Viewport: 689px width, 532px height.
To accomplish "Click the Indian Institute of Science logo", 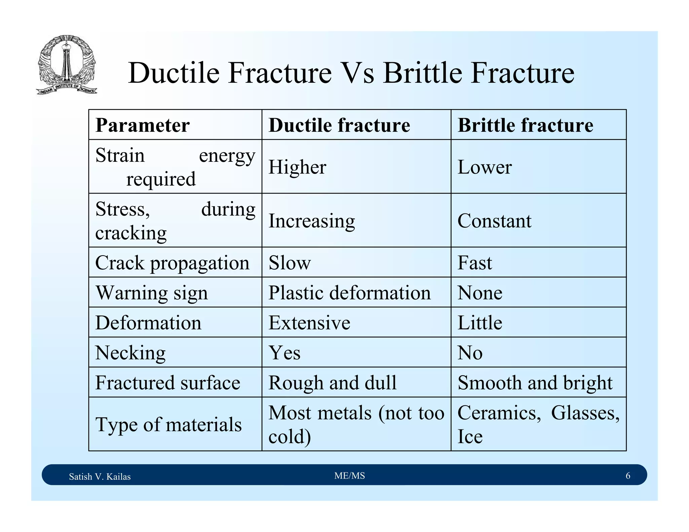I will click(67, 65).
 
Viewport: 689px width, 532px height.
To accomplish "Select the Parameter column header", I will click(143, 125).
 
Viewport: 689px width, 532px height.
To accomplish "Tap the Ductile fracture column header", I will click(339, 125).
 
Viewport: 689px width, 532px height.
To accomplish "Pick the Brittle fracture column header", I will click(525, 125).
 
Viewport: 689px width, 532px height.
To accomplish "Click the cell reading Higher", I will click(297, 167).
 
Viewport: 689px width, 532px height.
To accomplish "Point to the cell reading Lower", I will click(484, 167).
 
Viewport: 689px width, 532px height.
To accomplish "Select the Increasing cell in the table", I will click(312, 221).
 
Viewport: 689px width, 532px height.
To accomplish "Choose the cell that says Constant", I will click(494, 221).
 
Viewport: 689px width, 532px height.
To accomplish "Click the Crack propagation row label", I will click(172, 263).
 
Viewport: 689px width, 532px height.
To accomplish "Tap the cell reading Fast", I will click(474, 263).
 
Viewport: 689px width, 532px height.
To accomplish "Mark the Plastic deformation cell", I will click(349, 293).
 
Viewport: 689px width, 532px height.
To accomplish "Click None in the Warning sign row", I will click(480, 293).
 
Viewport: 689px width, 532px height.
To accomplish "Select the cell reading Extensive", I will click(309, 322).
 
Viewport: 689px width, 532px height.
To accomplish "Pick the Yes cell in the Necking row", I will click(284, 352).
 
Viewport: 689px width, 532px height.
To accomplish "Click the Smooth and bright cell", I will click(535, 382).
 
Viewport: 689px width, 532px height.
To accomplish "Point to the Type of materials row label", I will click(169, 424).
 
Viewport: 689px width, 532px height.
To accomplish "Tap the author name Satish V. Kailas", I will click(100, 477).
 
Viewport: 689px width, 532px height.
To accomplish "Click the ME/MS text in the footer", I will click(350, 476).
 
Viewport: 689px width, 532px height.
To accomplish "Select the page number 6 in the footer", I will click(628, 476).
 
